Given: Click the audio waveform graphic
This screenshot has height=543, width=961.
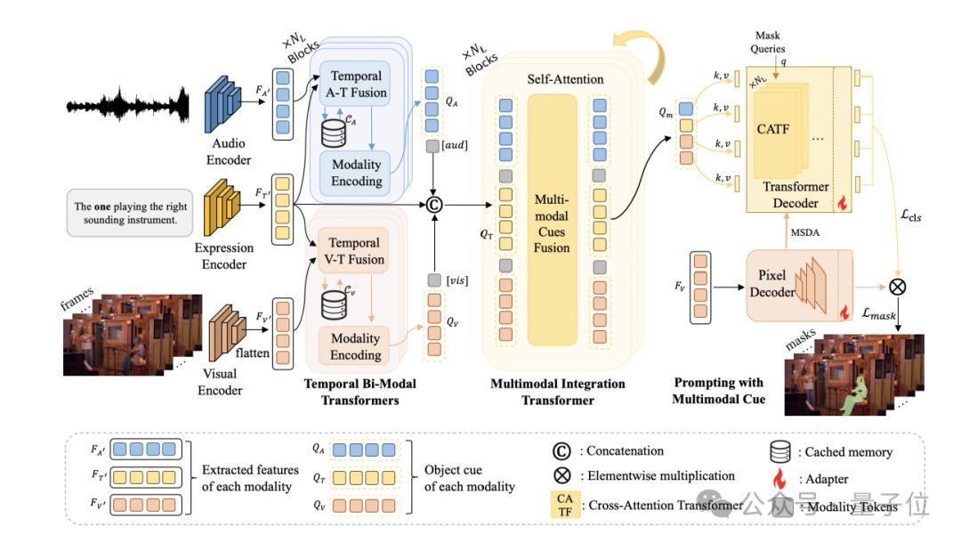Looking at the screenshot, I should (x=129, y=106).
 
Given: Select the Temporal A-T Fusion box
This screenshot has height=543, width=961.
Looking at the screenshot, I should (x=356, y=85).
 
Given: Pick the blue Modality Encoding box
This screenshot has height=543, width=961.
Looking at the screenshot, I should (x=356, y=173).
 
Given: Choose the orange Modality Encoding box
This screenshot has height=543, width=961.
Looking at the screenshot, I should (x=356, y=346).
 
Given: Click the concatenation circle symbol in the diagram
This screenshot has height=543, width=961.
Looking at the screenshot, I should (x=434, y=205).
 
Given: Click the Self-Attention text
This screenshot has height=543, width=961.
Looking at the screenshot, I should (x=565, y=79).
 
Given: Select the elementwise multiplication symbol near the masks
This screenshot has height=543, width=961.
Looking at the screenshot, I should (x=896, y=288).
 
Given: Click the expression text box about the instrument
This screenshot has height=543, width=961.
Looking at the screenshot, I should (x=133, y=213).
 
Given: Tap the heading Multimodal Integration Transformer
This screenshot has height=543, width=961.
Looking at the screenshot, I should (x=558, y=392).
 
